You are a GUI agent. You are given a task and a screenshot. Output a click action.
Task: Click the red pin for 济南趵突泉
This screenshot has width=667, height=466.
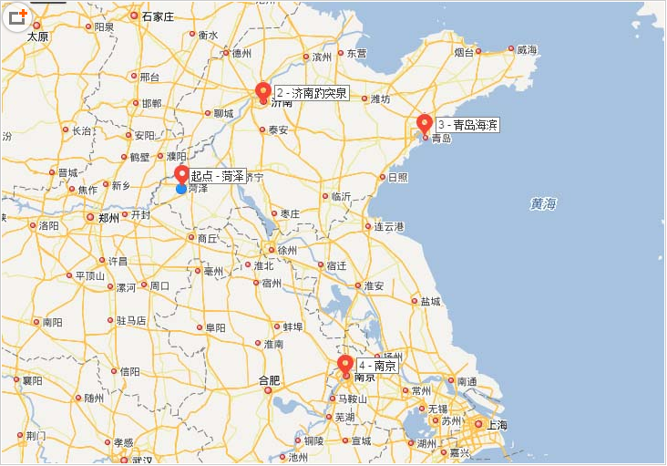pyautogui.click(x=263, y=92)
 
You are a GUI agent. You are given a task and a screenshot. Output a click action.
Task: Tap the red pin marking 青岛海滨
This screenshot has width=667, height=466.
pyautogui.click(x=425, y=124)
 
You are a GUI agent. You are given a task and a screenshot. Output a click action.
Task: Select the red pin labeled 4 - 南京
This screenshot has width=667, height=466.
pyautogui.click(x=345, y=366)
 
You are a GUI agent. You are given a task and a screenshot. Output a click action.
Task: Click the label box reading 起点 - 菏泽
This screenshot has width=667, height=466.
pyautogui.click(x=218, y=176)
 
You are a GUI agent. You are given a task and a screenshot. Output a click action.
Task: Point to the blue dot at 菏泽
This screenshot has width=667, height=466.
pyautogui.click(x=181, y=189)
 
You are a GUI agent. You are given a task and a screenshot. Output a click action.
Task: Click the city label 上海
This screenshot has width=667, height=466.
pyautogui.click(x=497, y=425)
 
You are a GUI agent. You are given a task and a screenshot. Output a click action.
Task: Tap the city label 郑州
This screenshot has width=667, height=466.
pyautogui.click(x=108, y=218)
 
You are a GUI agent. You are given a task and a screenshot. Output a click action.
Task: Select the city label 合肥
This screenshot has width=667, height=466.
pyautogui.click(x=269, y=380)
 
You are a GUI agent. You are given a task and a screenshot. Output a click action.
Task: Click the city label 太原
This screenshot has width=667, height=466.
pyautogui.click(x=37, y=37)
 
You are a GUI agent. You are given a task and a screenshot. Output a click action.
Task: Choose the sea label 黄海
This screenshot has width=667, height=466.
pyautogui.click(x=543, y=204)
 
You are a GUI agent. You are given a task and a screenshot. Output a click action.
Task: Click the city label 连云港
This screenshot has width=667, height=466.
pyautogui.click(x=389, y=226)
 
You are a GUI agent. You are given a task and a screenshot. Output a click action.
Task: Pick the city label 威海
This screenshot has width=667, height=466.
pyautogui.click(x=527, y=50)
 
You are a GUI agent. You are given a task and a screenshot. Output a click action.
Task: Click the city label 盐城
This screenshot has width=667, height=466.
pyautogui.click(x=430, y=301)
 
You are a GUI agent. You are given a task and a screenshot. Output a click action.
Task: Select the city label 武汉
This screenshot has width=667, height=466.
pyautogui.click(x=141, y=460)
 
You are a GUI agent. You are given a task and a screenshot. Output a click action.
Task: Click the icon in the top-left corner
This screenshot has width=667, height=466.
pyautogui.click(x=17, y=17)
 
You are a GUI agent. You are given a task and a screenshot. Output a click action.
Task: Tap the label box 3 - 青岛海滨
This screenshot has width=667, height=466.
pyautogui.click(x=467, y=125)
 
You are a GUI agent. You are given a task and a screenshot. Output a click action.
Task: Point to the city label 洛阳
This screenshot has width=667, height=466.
pyautogui.click(x=49, y=225)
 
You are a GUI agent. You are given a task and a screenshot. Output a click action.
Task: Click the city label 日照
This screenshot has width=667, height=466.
pyautogui.click(x=398, y=177)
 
